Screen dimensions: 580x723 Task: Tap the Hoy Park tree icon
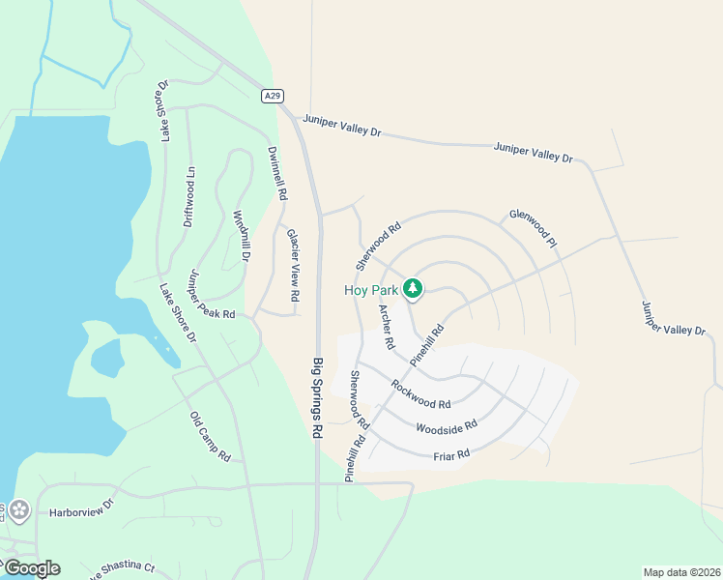click(413, 288)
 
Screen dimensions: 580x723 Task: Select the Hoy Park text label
click(371, 289)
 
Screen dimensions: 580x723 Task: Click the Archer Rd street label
click(387, 327)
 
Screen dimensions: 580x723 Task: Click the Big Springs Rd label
click(316, 398)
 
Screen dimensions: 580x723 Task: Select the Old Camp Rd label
click(210, 436)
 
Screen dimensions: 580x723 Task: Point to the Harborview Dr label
click(82, 504)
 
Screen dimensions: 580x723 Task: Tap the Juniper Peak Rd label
click(212, 294)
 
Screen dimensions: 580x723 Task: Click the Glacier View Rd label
click(292, 262)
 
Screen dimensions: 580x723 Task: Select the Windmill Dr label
click(241, 237)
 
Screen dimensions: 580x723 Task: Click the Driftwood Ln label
click(188, 196)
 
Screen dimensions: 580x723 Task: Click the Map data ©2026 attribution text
click(680, 572)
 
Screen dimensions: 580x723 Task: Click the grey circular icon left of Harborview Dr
click(18, 509)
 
